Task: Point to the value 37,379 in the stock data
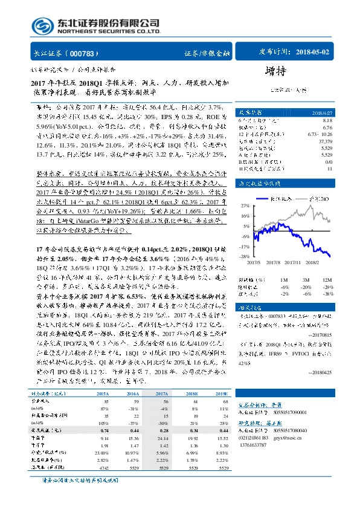[x=325, y=140]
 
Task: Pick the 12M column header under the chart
[x=327, y=280]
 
